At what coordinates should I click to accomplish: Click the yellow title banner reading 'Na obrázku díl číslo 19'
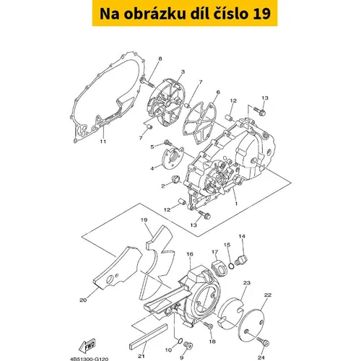click(x=185, y=13)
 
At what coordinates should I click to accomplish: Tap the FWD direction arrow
click(x=87, y=346)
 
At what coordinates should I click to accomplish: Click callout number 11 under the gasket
click(x=103, y=142)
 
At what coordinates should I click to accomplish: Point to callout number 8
click(x=160, y=58)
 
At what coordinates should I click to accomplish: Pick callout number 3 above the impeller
click(x=183, y=71)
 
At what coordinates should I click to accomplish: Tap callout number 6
click(x=218, y=92)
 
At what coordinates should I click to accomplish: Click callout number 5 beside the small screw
click(x=152, y=147)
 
